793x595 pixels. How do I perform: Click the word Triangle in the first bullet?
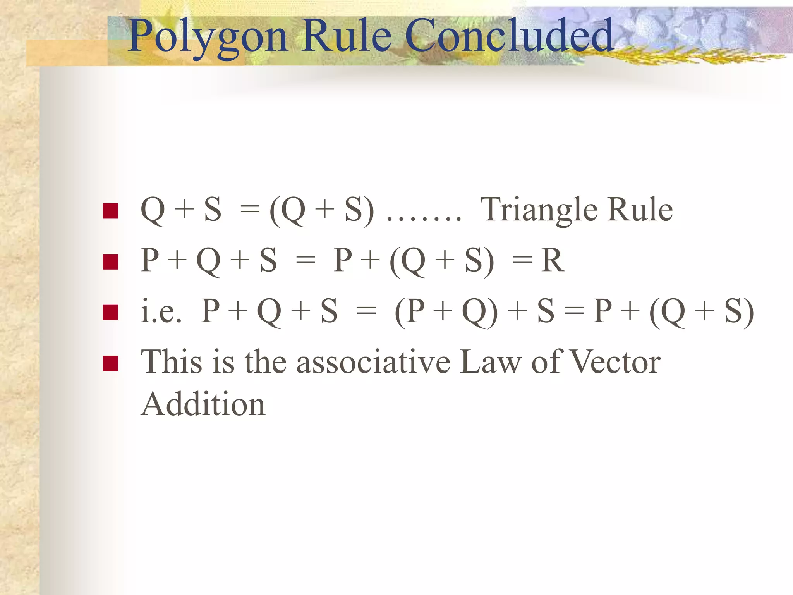click(539, 211)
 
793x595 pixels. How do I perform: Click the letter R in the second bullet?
click(553, 260)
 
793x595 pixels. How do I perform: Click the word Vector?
click(616, 362)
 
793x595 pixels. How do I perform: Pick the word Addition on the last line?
click(203, 404)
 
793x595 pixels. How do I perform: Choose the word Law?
click(491, 362)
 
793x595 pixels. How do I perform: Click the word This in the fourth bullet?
click(172, 362)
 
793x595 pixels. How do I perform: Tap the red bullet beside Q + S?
click(110, 211)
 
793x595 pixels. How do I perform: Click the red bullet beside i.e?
click(110, 313)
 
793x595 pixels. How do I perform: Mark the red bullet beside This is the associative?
click(110, 363)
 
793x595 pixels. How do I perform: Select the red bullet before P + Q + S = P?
click(110, 261)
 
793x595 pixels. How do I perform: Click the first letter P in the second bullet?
click(149, 260)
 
